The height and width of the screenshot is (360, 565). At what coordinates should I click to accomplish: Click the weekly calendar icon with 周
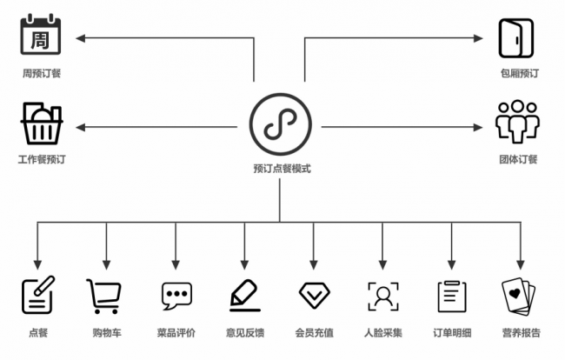click(x=40, y=34)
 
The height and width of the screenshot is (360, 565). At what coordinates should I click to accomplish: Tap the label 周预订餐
click(x=42, y=74)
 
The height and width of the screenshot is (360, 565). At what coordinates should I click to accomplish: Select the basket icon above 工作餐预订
click(x=42, y=123)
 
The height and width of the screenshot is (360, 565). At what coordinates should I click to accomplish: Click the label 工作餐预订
click(x=42, y=159)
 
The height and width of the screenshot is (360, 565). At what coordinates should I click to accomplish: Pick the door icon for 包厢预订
click(x=516, y=38)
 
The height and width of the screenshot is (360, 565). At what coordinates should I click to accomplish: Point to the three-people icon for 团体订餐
click(x=517, y=122)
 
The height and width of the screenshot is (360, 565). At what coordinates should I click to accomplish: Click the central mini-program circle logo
click(x=281, y=124)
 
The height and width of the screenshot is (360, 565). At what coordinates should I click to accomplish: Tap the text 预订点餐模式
click(x=282, y=169)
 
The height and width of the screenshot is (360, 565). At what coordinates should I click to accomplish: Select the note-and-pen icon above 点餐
click(x=38, y=295)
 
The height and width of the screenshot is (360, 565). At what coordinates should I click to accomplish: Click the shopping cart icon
click(x=103, y=297)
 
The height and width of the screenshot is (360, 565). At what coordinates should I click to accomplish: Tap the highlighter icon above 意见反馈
click(x=245, y=296)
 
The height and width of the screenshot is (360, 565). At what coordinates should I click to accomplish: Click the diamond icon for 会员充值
click(x=314, y=296)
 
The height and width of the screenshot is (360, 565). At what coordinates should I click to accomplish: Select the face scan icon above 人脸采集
click(x=383, y=297)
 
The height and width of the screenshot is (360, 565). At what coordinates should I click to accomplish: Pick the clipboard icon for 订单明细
click(x=452, y=297)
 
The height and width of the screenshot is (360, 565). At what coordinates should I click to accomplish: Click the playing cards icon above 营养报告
click(x=519, y=297)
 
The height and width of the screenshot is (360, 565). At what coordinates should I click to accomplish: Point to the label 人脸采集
click(x=383, y=333)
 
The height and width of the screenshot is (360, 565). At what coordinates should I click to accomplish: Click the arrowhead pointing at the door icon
click(x=478, y=38)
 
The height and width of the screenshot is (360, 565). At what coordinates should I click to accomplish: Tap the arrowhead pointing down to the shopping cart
click(x=106, y=265)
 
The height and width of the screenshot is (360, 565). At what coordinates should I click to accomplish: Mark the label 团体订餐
click(x=518, y=159)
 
